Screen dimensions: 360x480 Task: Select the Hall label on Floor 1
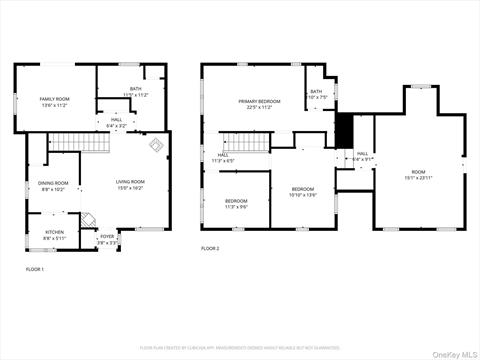(x=116, y=124)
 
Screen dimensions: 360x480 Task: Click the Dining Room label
(x=53, y=186)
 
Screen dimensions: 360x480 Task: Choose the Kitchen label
(x=54, y=236)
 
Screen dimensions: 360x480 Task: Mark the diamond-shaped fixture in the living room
(x=155, y=146)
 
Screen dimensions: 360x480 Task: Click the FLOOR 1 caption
(x=34, y=270)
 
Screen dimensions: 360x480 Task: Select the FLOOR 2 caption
(x=210, y=248)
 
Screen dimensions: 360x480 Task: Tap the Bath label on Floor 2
(x=316, y=95)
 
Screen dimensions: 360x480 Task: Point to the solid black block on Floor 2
(x=346, y=130)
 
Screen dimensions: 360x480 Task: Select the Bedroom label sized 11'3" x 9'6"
(x=236, y=203)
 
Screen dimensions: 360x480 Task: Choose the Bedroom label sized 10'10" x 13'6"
(x=302, y=192)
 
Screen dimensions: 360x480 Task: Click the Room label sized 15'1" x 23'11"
(x=418, y=175)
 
